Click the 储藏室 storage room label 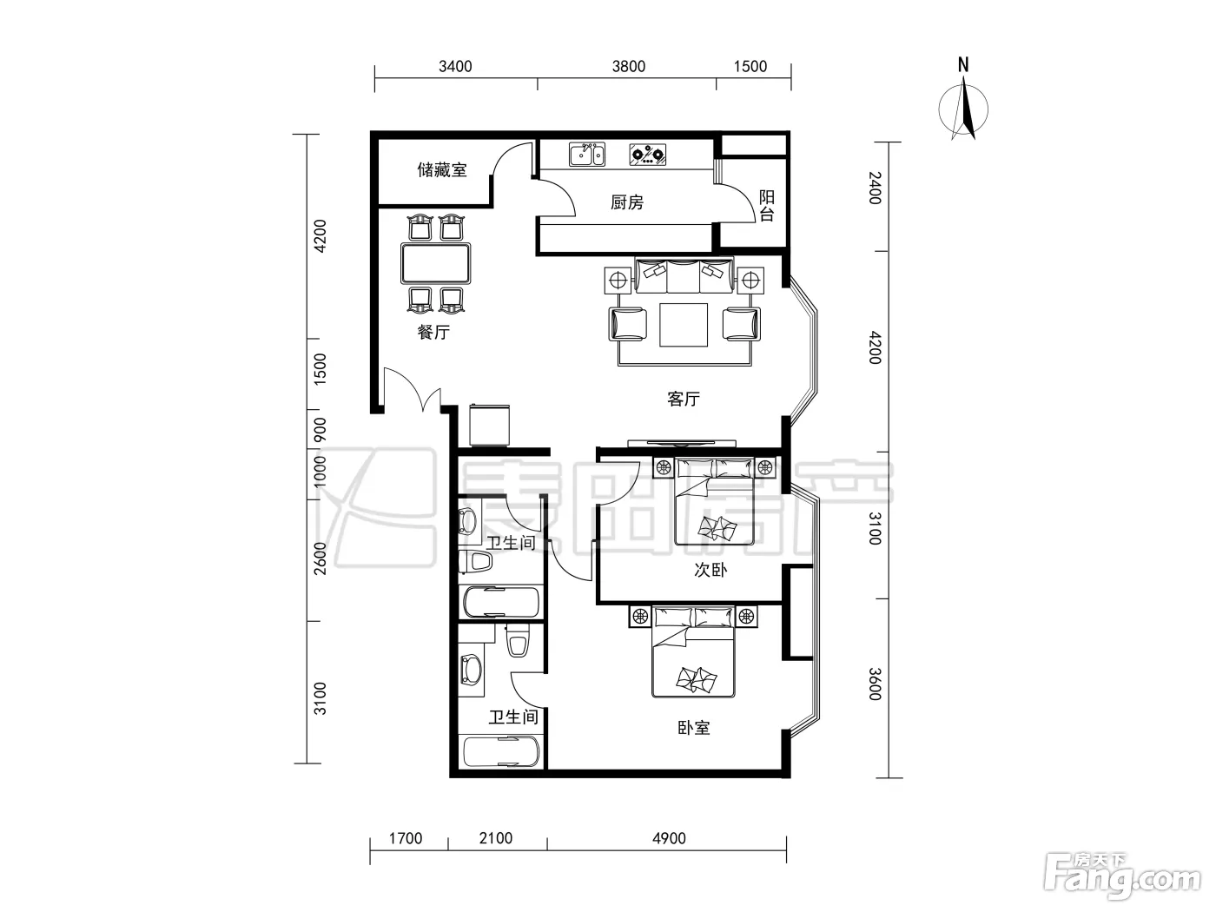(442, 169)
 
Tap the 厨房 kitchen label (627, 202)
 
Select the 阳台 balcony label (767, 206)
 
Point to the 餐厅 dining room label (433, 332)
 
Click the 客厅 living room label (684, 399)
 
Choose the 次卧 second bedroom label (710, 570)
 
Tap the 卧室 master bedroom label (694, 727)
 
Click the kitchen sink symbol (586, 154)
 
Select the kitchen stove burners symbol (648, 155)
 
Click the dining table (435, 263)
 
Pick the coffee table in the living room (683, 325)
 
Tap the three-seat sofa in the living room (684, 275)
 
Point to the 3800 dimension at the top (629, 67)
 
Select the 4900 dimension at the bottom (669, 838)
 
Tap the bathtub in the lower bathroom (501, 751)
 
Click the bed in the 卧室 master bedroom (693, 651)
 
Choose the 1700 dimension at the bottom (406, 838)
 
